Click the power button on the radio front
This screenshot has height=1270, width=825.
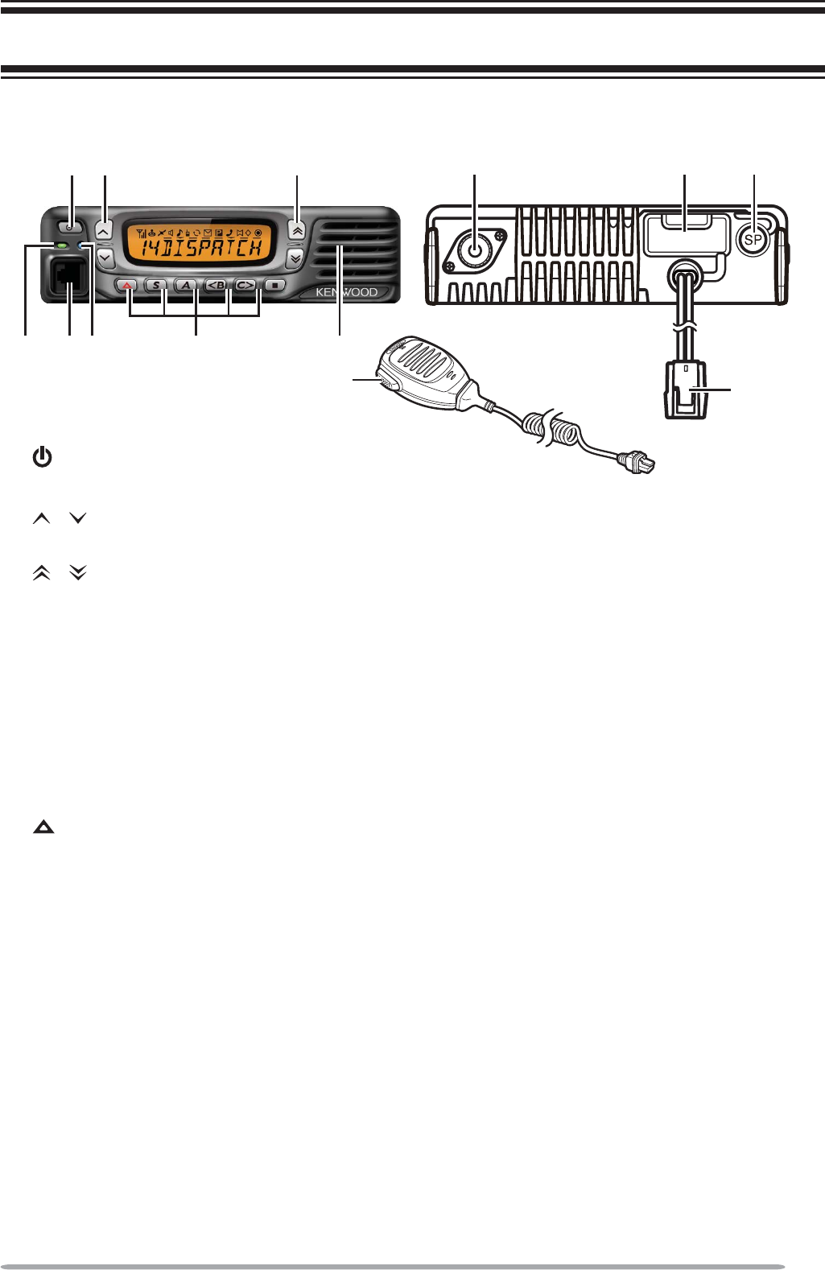[71, 226]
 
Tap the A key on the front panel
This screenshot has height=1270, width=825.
[185, 285]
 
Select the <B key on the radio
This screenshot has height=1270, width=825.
[215, 285]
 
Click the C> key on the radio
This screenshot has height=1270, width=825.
[245, 285]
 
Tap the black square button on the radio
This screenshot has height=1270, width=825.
[274, 285]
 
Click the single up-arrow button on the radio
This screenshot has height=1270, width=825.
[104, 229]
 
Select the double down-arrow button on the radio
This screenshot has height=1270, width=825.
[295, 258]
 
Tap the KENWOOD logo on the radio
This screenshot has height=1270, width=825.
[347, 293]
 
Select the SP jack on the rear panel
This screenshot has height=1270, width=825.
[753, 239]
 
